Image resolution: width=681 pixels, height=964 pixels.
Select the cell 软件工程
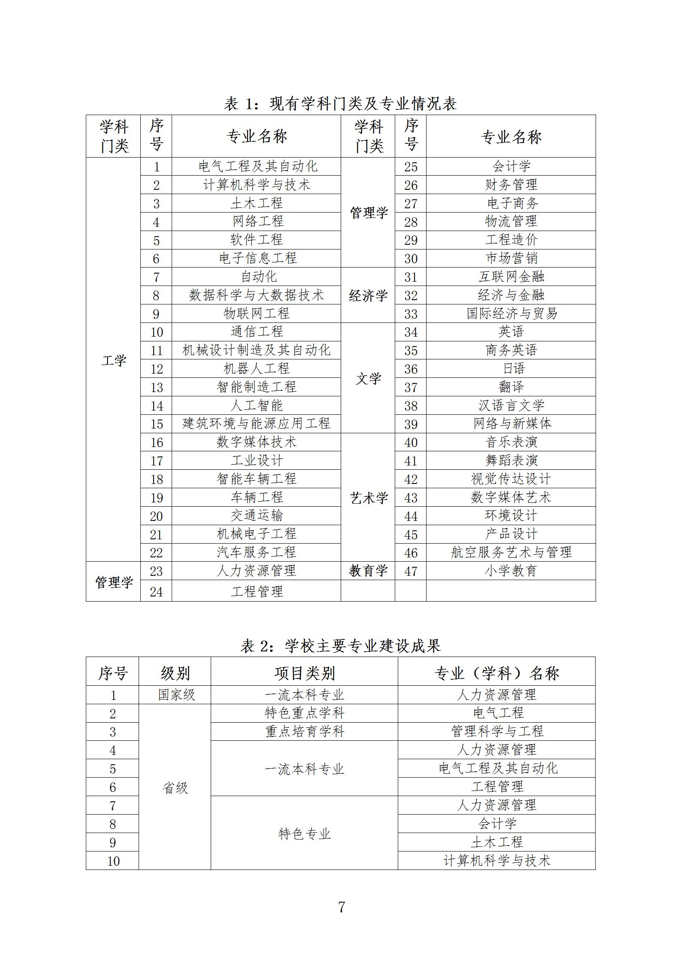pos(256,240)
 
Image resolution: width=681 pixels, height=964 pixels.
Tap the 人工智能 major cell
pos(256,405)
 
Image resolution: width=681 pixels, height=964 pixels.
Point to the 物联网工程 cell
pos(256,313)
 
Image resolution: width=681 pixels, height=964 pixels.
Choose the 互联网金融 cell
pos(511,277)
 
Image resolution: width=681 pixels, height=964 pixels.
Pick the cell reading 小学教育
pos(511,571)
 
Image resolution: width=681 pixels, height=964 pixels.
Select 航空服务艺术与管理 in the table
pos(511,552)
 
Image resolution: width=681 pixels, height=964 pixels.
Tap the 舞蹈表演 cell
pos(511,460)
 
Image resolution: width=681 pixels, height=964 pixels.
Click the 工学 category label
pos(114,360)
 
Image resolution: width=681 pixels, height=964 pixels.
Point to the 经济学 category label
pos(368,295)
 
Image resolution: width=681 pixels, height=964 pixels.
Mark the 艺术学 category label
pos(369,498)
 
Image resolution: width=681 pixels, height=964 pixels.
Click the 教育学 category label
pos(368,571)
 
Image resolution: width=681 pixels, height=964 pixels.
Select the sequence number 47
pos(411,571)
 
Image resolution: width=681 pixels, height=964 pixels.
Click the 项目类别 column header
pos(304,673)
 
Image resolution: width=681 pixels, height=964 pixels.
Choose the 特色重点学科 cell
pos(304,713)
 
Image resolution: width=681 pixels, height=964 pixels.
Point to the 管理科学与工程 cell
pos(497,731)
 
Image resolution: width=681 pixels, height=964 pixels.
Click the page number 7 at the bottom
pos(342,907)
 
